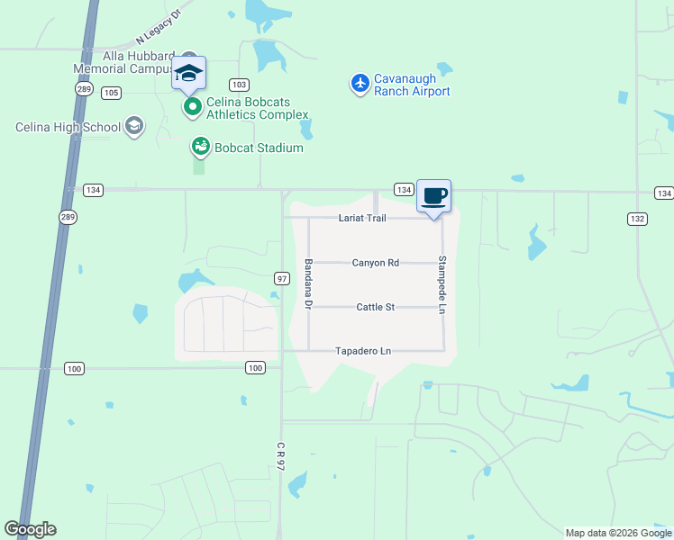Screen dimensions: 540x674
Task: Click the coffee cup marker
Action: (433, 196)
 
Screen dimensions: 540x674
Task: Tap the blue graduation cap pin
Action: (188, 73)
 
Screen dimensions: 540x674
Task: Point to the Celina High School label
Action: (68, 127)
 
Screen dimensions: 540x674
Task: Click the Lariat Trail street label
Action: (362, 219)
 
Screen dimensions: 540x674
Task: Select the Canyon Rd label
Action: (375, 263)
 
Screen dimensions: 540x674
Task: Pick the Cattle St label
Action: (377, 307)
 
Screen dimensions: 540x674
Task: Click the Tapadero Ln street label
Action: (363, 351)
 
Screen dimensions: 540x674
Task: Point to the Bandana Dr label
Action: (308, 285)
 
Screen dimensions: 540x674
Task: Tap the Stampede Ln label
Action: (442, 285)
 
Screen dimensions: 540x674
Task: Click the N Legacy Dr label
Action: (159, 28)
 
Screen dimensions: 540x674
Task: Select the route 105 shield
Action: (112, 93)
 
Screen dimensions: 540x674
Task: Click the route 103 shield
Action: (238, 85)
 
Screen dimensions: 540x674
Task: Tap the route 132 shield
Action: (637, 219)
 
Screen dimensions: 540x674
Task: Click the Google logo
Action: (30, 529)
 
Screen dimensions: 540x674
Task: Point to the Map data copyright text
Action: (617, 533)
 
